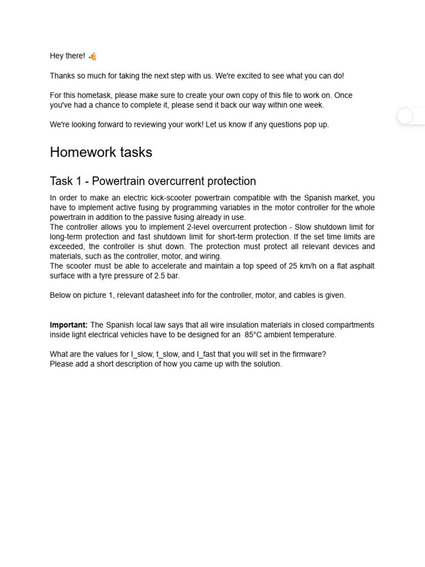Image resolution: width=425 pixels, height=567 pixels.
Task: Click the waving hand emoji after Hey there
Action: [x=92, y=56]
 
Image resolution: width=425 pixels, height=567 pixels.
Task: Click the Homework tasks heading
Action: [x=101, y=152]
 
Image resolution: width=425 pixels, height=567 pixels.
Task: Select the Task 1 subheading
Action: [x=153, y=181]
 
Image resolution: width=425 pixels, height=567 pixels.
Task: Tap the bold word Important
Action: [x=69, y=325]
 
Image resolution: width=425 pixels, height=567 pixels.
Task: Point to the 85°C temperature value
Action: [x=253, y=335]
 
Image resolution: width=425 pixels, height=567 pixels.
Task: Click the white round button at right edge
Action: [x=405, y=116]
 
